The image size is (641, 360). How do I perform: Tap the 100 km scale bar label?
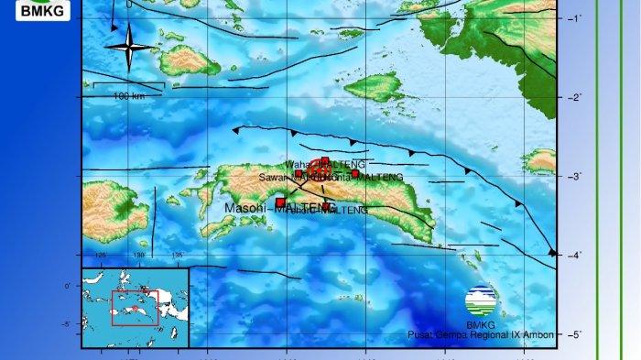click(x=128, y=96)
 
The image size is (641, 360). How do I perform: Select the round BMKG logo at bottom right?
click(x=481, y=298)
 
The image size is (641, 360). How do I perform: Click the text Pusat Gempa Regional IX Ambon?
click(x=481, y=335)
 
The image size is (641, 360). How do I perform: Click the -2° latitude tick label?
click(x=576, y=98)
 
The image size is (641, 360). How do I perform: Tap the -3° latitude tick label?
click(x=576, y=177)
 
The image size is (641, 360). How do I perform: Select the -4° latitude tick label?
click(x=576, y=256)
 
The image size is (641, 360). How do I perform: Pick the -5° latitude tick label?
click(x=576, y=334)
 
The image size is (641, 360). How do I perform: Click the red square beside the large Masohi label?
click(x=280, y=202)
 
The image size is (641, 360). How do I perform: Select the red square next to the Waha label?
click(x=325, y=161)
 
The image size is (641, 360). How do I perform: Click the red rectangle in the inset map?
click(x=134, y=308)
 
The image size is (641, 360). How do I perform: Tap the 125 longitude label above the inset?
click(x=101, y=256)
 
